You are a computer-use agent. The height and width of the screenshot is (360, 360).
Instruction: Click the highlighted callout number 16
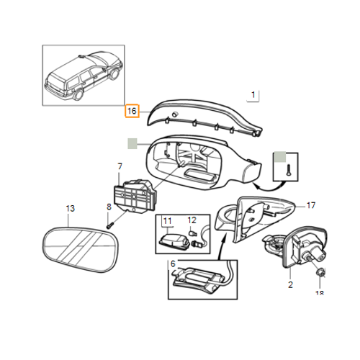[x=132, y=111]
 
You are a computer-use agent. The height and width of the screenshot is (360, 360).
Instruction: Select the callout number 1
[x=253, y=95]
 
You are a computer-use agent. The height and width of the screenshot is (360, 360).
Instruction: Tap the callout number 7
[x=120, y=166]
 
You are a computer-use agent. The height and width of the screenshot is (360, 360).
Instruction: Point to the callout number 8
[x=109, y=207]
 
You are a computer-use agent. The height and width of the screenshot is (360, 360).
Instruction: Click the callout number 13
[x=71, y=208]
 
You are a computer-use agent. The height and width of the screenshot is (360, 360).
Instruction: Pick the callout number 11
[x=168, y=221]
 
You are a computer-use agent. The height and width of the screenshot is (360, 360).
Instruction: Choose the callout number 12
[x=192, y=220]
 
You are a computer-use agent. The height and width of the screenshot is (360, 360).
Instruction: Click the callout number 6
[x=173, y=264]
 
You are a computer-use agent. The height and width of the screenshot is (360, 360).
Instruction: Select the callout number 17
[x=311, y=205]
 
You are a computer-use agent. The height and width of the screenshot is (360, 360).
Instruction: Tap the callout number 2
[x=290, y=285]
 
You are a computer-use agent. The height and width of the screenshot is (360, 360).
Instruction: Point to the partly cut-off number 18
[x=320, y=293]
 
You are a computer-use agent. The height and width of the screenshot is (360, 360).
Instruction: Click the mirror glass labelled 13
[x=80, y=250]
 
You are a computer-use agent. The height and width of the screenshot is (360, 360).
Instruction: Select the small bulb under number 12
[x=192, y=233]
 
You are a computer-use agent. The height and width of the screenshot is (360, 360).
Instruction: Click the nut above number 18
[x=320, y=272]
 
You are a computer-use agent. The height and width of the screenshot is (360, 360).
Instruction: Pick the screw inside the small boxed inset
[x=289, y=169]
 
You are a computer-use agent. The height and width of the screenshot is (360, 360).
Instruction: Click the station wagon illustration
[x=84, y=76]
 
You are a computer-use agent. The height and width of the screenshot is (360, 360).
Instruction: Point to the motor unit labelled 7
[x=135, y=196]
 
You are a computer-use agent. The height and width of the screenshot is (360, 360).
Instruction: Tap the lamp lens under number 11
[x=174, y=240]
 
